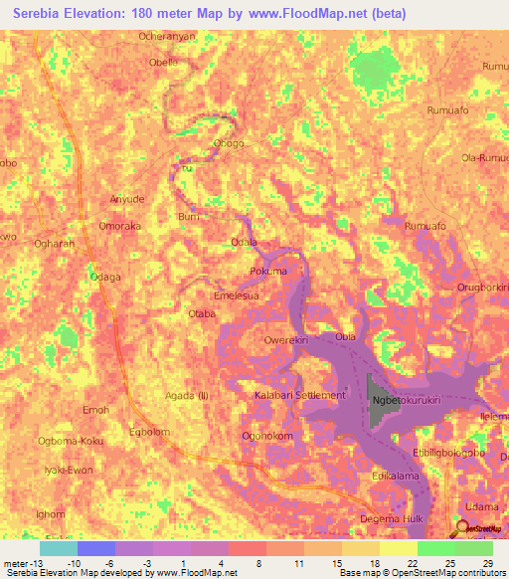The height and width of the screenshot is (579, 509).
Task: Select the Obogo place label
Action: click(x=229, y=143)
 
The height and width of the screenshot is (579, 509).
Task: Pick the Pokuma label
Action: click(x=267, y=271)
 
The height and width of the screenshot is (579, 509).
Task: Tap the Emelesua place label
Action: click(x=238, y=295)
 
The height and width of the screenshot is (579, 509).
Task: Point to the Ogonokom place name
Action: click(x=266, y=436)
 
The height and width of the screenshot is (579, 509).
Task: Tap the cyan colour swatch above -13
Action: click(x=59, y=548)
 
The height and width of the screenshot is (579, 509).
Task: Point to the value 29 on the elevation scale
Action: click(x=486, y=563)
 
